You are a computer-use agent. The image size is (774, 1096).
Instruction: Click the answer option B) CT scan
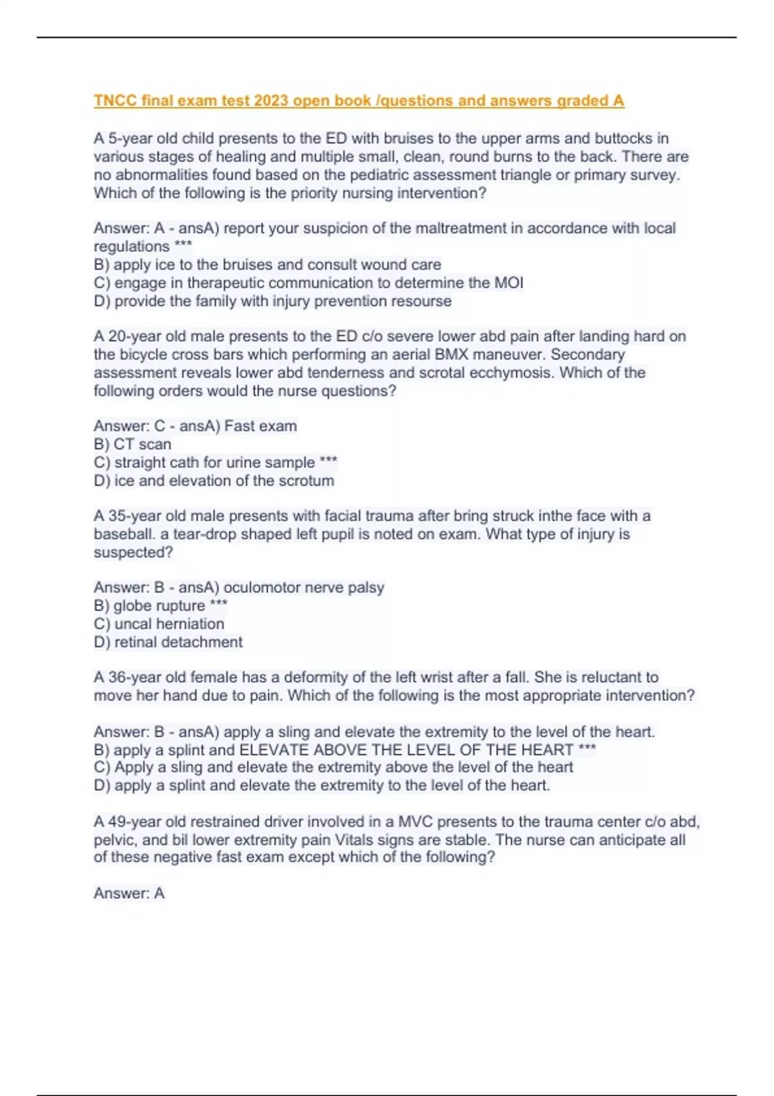[132, 444]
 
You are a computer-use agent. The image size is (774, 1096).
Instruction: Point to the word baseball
[122, 534]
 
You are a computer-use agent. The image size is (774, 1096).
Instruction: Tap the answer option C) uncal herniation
[159, 624]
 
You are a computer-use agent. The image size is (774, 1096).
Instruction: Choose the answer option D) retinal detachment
[168, 642]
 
